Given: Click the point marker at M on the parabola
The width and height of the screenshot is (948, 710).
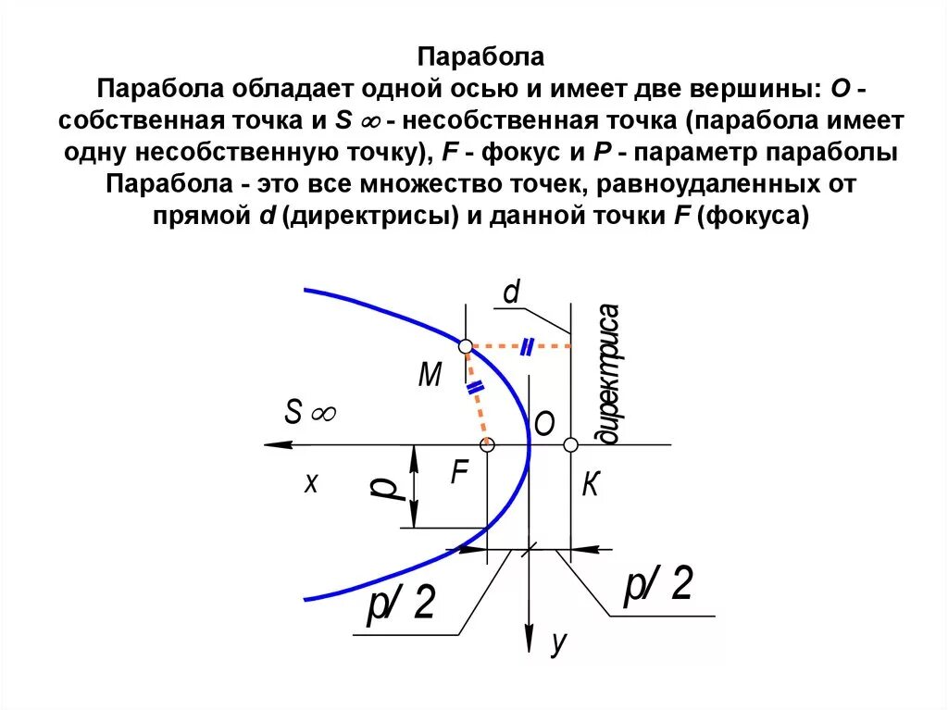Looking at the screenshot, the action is pyautogui.click(x=466, y=345).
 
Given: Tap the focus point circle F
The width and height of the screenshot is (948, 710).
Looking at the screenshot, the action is pyautogui.click(x=489, y=445).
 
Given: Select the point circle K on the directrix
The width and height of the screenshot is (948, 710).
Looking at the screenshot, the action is pyautogui.click(x=570, y=445).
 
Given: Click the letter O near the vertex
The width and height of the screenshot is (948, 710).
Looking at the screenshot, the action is pyautogui.click(x=543, y=424).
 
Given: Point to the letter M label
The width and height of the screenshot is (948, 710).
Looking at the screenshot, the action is pyautogui.click(x=430, y=375).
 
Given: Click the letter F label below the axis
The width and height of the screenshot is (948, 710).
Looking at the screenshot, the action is pyautogui.click(x=460, y=474).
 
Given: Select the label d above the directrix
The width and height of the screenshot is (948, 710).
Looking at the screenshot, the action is pyautogui.click(x=511, y=293).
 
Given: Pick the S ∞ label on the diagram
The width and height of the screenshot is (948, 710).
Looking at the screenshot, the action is pyautogui.click(x=309, y=413).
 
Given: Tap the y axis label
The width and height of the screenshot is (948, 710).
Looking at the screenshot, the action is pyautogui.click(x=557, y=641).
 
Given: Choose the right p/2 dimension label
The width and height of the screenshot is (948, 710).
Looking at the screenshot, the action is pyautogui.click(x=658, y=585).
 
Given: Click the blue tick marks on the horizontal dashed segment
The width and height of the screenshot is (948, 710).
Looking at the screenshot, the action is pyautogui.click(x=526, y=346).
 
